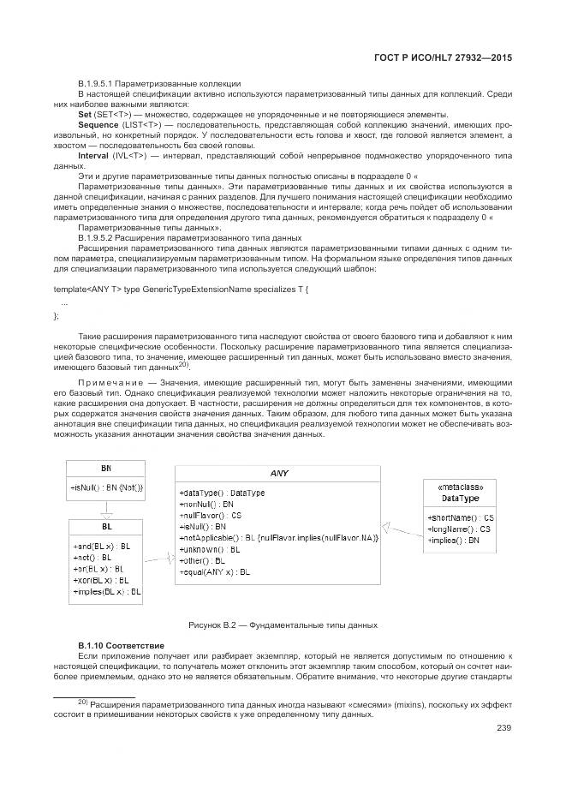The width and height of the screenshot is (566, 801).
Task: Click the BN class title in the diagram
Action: click(x=105, y=469)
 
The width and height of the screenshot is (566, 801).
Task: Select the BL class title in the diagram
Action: click(x=106, y=526)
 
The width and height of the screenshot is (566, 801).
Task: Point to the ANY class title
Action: click(x=279, y=473)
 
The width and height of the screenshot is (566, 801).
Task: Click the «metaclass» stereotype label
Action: click(x=460, y=486)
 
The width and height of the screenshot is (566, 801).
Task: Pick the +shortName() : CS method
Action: click(x=460, y=518)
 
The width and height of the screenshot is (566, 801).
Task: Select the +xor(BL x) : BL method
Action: click(x=102, y=580)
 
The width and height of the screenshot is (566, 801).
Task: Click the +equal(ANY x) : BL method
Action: click(x=215, y=571)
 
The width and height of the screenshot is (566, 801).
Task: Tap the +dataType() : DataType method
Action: click(x=222, y=493)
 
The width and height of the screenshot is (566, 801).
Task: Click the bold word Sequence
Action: click(x=98, y=125)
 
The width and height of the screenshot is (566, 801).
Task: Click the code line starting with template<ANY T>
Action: click(x=181, y=290)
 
